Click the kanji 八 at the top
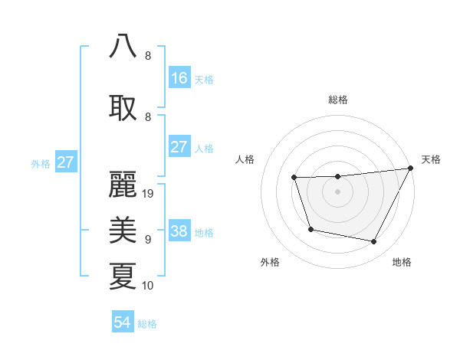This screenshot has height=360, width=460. pyautogui.click(x=123, y=45)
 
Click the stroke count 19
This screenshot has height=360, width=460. pyautogui.click(x=149, y=194)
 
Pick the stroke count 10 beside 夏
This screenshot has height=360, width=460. pyautogui.click(x=149, y=286)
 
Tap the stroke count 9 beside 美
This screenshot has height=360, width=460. pyautogui.click(x=148, y=240)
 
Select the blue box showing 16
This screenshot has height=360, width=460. pyautogui.click(x=179, y=78)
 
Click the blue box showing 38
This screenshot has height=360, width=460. pyautogui.click(x=179, y=232)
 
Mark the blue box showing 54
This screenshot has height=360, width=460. pyautogui.click(x=123, y=322)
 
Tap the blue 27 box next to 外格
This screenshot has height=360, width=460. pyautogui.click(x=65, y=162)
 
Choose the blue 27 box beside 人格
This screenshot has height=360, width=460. pyautogui.click(x=179, y=147)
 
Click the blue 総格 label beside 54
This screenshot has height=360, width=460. pyautogui.click(x=147, y=324)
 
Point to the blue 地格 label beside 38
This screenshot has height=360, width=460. pyautogui.click(x=204, y=233)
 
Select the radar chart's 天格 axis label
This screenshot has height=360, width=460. pyautogui.click(x=431, y=159)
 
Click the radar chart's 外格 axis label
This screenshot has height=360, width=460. pyautogui.click(x=270, y=262)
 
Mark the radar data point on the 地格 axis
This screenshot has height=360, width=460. pyautogui.click(x=373, y=242)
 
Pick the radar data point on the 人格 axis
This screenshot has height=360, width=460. pyautogui.click(x=294, y=178)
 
